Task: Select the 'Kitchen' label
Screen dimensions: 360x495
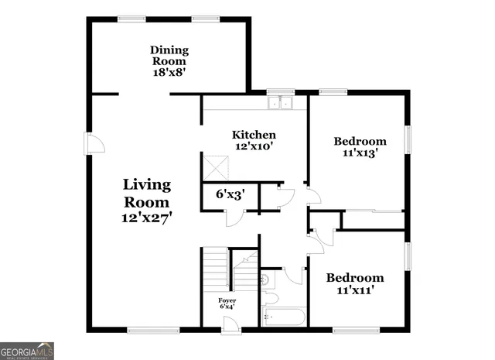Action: point(255,135)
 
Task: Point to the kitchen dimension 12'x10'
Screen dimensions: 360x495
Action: point(255,146)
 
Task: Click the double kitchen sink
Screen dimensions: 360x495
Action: point(280,102)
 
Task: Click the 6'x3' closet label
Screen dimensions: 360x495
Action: point(230,195)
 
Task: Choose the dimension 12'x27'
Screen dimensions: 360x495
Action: point(147,218)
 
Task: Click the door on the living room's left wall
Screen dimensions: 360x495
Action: point(94,144)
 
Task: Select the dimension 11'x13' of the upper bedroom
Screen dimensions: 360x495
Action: point(360,153)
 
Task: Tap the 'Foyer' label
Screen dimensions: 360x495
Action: point(227,300)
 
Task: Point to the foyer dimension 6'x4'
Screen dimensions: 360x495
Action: point(227,307)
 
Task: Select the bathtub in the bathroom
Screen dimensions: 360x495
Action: point(283,317)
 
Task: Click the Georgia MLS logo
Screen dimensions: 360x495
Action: point(27,350)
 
